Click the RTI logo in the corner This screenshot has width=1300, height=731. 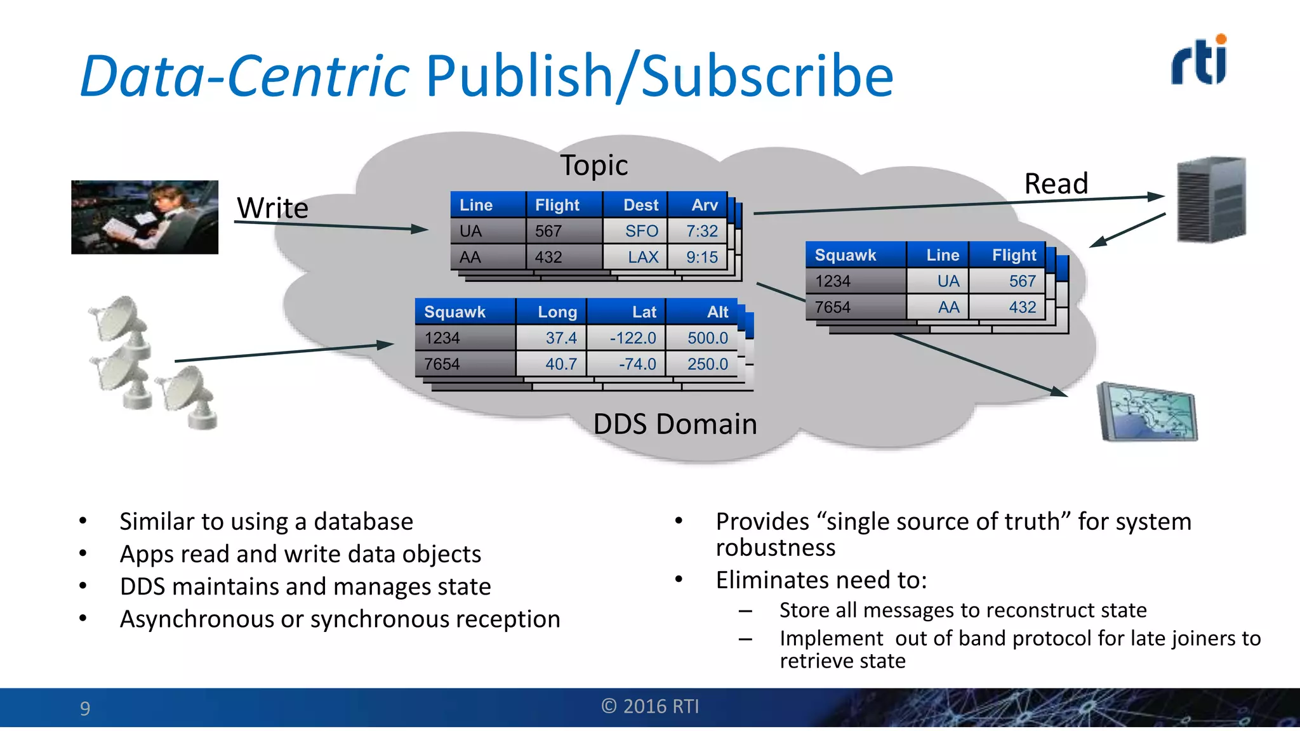pos(1199,61)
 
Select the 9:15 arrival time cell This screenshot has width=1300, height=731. pos(698,257)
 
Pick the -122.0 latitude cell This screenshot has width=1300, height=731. pos(627,338)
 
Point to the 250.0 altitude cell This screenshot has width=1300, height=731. pos(703,364)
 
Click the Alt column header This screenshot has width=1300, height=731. pos(703,312)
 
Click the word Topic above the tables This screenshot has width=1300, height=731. pos(594,166)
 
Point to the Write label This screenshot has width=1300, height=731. pos(272,208)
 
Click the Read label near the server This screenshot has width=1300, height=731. pos(1056,184)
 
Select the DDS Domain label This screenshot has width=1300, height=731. pos(675,424)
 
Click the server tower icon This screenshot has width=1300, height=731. pos(1211,199)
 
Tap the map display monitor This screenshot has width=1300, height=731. pos(1148,412)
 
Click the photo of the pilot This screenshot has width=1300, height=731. pos(145,217)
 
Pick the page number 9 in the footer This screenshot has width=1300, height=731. pos(85,708)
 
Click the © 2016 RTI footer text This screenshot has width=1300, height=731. pos(650,706)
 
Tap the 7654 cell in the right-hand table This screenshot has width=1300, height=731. pos(855,307)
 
